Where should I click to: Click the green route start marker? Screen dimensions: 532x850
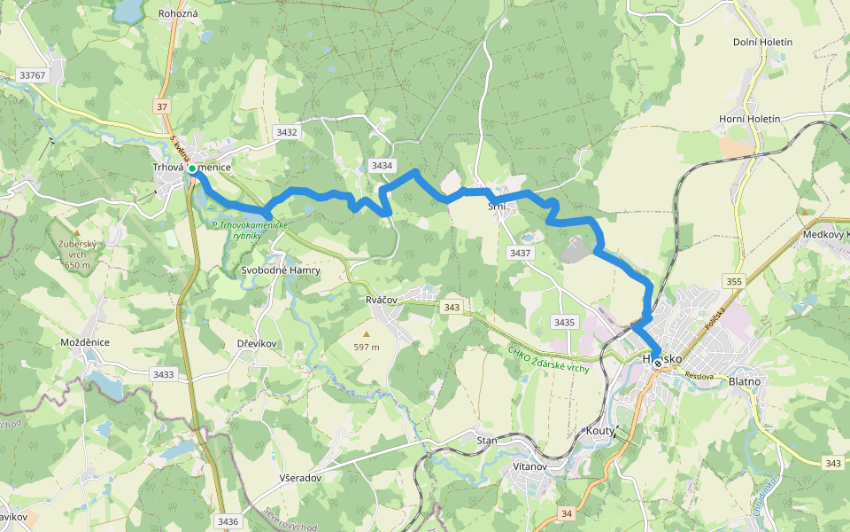click(x=192, y=168)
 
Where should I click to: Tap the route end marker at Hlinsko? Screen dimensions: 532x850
click(x=658, y=362)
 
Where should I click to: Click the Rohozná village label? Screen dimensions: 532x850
click(x=178, y=14)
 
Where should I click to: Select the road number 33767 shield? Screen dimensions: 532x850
click(x=32, y=75)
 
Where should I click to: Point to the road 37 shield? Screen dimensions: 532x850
click(x=161, y=107)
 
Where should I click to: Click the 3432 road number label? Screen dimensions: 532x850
click(x=287, y=132)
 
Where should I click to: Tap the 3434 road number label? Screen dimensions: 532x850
click(x=382, y=166)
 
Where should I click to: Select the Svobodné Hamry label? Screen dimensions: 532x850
click(x=280, y=270)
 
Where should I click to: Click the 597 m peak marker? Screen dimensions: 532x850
click(x=366, y=333)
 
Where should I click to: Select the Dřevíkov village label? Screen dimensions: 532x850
click(x=259, y=343)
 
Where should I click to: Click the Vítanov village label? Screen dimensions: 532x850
click(x=529, y=465)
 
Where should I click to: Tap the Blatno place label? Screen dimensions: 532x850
click(x=744, y=380)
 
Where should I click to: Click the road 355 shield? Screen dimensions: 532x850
click(x=733, y=281)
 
